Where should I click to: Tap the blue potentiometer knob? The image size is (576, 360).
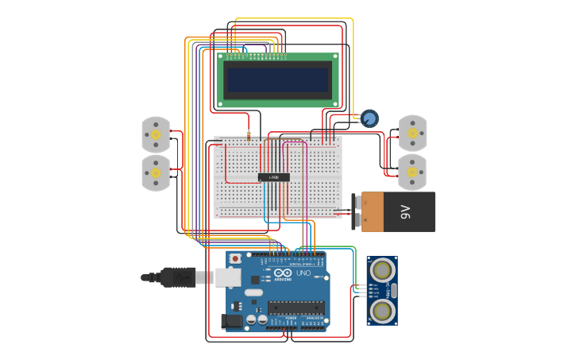coord(369,119)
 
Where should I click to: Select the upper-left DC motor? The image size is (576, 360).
coord(156,135)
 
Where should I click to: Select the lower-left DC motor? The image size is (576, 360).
coord(156,172)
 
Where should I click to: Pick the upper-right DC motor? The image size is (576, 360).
coord(412,134)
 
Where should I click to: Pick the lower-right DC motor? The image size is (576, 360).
coord(412,172)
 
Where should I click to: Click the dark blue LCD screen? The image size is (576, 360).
coord(277,79)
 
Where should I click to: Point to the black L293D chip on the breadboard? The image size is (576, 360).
coord(273,177)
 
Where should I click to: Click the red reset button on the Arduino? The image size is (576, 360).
coord(235,259)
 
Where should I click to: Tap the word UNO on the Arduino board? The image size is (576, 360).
coord(303,273)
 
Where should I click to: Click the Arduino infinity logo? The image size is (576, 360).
coord(283,273)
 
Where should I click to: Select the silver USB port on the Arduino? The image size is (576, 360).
coord(228,277)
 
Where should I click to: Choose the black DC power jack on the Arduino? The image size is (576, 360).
coord(231,321)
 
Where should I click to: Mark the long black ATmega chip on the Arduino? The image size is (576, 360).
coord(295,308)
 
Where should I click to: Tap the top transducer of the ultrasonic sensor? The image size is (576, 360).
coord(382,270)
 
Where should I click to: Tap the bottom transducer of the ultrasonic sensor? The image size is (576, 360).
coord(382,311)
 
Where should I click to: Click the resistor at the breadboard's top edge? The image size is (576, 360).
coord(249,134)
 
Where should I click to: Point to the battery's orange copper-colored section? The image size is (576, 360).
coord(373,211)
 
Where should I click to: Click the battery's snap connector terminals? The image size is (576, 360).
coord(358,211)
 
